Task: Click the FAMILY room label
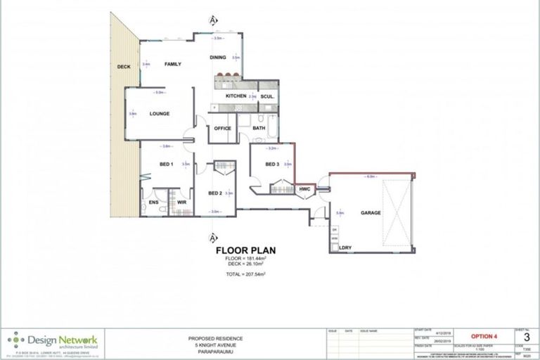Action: point(173,65)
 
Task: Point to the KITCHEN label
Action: point(235,96)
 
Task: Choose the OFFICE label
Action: point(222,128)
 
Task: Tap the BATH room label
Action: point(259,128)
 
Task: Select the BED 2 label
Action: point(215,193)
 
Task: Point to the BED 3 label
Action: point(272,165)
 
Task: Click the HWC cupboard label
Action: point(304,190)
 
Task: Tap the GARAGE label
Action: point(371,212)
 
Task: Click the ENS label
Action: point(153,202)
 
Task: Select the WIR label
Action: point(181,202)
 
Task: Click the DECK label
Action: point(124,67)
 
